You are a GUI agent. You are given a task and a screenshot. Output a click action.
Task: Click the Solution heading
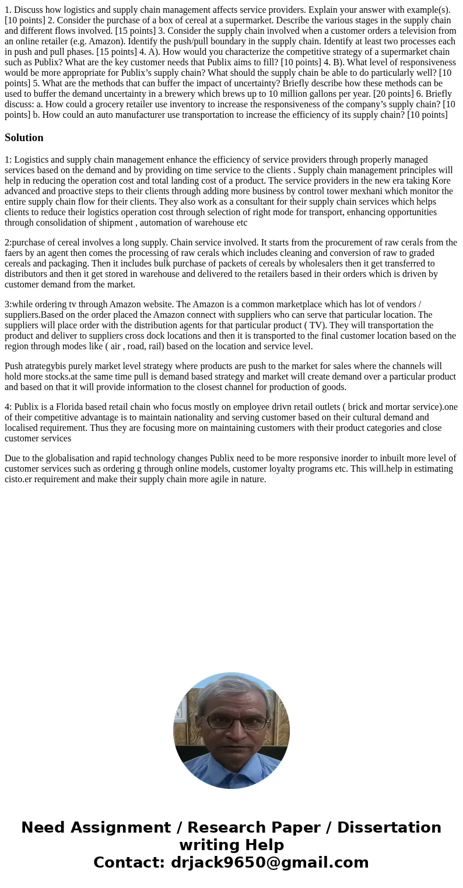coord(24,138)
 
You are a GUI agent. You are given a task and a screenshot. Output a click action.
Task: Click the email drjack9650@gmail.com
coord(269,862)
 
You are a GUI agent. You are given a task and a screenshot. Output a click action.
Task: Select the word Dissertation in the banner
coord(389,827)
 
